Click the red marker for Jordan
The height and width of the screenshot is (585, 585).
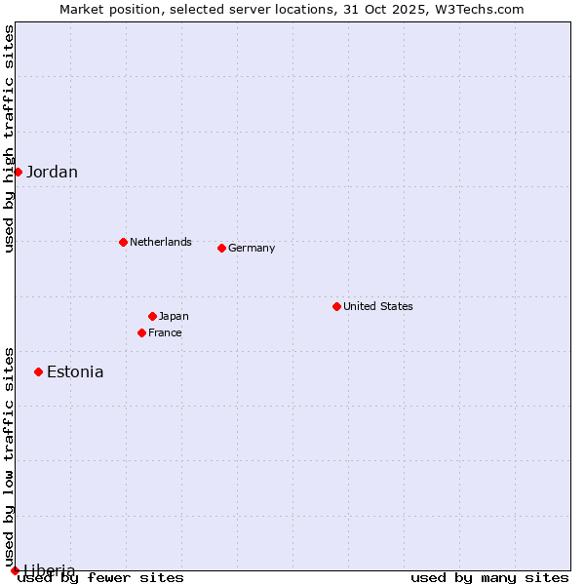coord(18,172)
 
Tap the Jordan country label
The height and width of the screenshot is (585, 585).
coord(52,173)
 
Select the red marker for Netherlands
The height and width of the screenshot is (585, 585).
coord(123,242)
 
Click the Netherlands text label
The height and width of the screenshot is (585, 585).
coord(161,242)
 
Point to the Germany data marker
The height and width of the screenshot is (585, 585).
coord(221,248)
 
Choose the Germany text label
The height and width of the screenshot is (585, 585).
coord(252,248)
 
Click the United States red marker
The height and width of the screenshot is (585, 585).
coord(336,306)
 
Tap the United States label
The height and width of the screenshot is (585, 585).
coord(378,306)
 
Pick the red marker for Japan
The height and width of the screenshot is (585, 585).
coord(152,316)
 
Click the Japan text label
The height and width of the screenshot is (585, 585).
coord(174,316)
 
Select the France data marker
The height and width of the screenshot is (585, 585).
coord(141,332)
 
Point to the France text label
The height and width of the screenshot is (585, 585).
coord(165,332)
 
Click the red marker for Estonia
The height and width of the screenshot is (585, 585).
coord(38,371)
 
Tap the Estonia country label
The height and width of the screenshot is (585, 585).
coord(75,371)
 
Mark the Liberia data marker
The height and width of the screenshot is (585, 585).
coord(15,570)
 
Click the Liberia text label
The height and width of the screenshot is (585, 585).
coord(49,570)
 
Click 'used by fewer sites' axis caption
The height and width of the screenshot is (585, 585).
coord(100,577)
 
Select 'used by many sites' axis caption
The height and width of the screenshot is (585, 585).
coord(489,577)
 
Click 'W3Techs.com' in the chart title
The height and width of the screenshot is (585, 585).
coord(484,10)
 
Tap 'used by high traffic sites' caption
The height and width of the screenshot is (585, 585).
coord(10,138)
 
